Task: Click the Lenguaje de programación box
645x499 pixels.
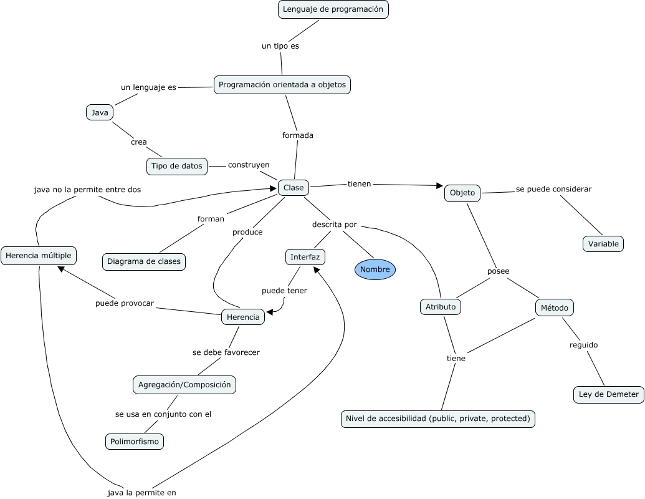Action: tap(333, 9)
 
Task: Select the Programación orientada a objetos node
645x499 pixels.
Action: tap(282, 85)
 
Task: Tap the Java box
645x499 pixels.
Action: tap(100, 112)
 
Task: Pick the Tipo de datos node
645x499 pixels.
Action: tap(177, 166)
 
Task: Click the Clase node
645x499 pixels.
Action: tap(294, 187)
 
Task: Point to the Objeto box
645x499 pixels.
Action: tap(462, 193)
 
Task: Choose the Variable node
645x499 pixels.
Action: tap(603, 244)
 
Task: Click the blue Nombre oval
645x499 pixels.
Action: tap(375, 269)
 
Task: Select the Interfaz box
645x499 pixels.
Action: tap(305, 256)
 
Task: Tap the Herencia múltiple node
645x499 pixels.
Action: tap(39, 255)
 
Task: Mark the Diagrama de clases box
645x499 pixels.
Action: tap(144, 261)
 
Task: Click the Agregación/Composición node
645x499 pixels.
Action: tap(184, 385)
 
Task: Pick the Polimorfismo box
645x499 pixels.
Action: tap(135, 442)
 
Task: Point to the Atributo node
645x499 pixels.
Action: tap(441, 307)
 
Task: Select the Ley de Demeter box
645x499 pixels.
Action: tap(609, 394)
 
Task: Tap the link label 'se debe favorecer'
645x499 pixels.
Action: tap(226, 352)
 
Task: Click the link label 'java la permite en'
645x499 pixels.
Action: tap(142, 493)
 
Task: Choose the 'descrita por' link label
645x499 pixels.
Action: tap(335, 224)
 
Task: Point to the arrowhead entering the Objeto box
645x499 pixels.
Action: tap(440, 186)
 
